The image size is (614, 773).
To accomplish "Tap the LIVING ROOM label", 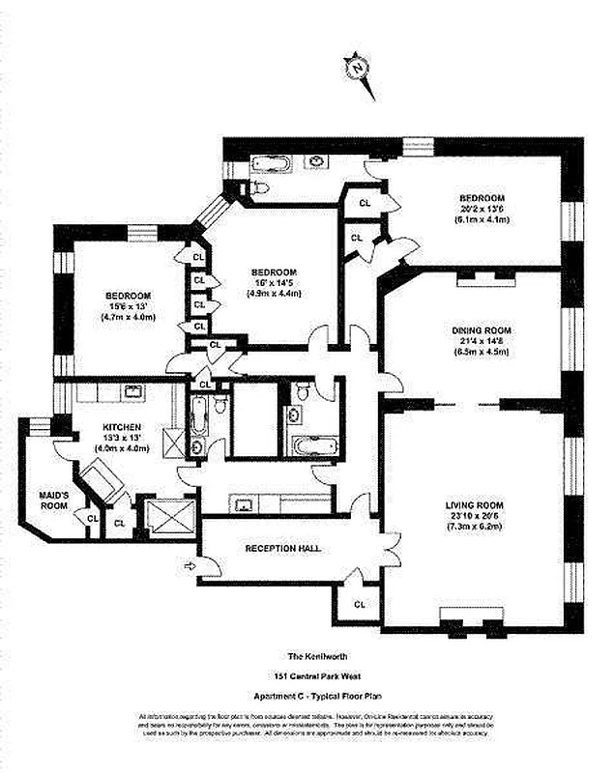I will [x=475, y=505].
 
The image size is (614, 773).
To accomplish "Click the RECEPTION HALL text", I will [x=282, y=548].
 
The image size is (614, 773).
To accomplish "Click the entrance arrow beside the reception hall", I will [x=190, y=566].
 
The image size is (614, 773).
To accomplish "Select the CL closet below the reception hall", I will [x=359, y=604].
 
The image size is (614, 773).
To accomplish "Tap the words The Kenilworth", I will [x=300, y=654].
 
